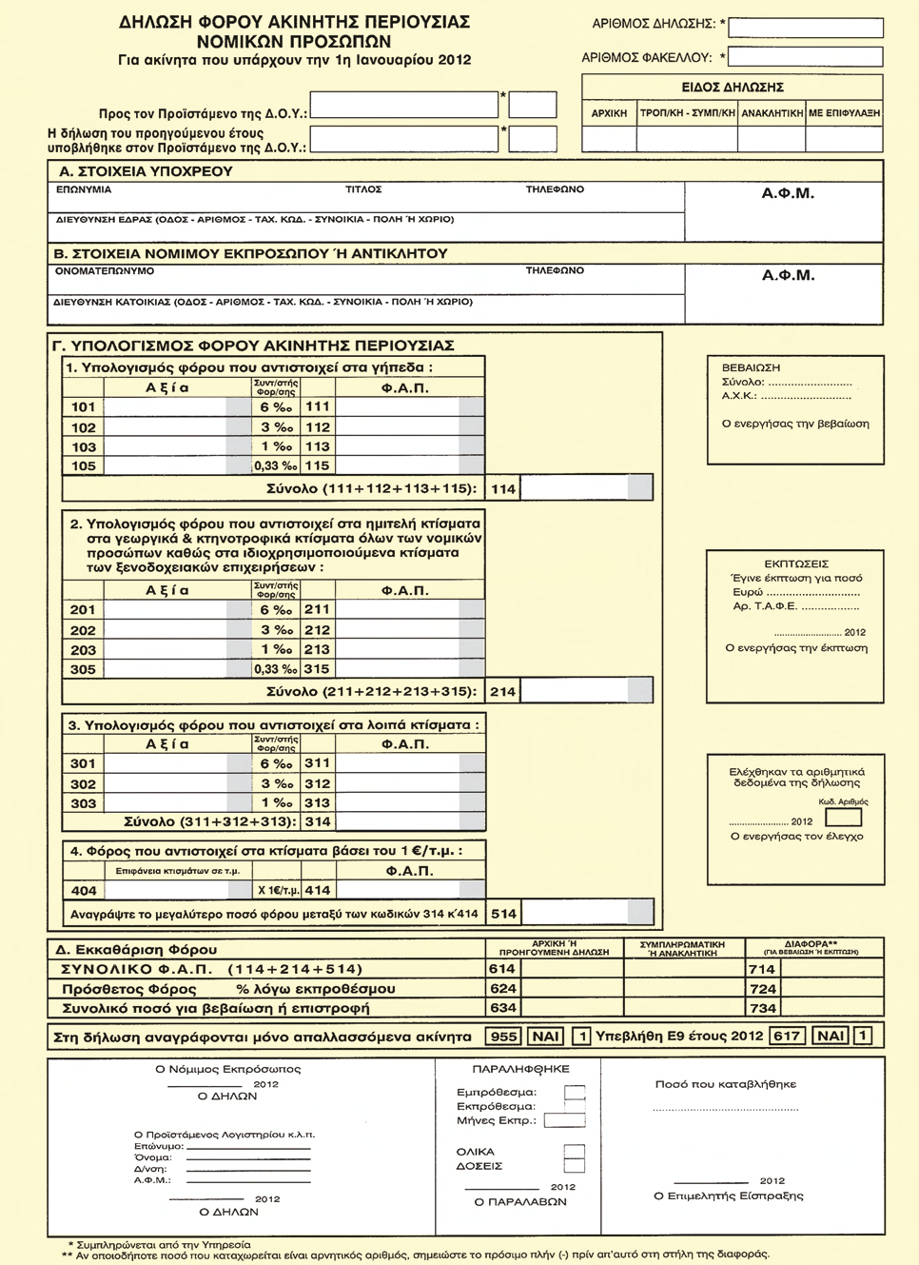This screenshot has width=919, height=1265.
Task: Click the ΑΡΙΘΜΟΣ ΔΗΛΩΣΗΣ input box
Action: pyautogui.click(x=805, y=28)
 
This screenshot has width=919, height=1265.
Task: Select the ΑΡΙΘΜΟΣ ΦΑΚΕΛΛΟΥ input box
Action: pyautogui.click(x=805, y=57)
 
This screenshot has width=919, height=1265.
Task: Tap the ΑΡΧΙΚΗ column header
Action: pyautogui.click(x=609, y=113)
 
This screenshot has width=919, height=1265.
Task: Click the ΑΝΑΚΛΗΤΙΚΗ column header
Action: pyautogui.click(x=772, y=113)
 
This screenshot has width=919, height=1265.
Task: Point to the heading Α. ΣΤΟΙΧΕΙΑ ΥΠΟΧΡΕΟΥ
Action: pyautogui.click(x=146, y=172)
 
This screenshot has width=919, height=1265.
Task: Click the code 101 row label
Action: pyautogui.click(x=84, y=407)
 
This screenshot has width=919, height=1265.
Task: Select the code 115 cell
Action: pyautogui.click(x=317, y=466)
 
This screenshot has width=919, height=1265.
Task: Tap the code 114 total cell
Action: pyautogui.click(x=503, y=489)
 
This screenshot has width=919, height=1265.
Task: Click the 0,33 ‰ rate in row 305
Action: pyautogui.click(x=275, y=669)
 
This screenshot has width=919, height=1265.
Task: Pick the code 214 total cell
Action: pyautogui.click(x=503, y=692)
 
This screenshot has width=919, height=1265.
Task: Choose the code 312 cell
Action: pyautogui.click(x=317, y=784)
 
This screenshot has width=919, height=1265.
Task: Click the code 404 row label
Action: pyautogui.click(x=84, y=891)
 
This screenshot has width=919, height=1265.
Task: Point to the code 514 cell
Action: pyautogui.click(x=503, y=914)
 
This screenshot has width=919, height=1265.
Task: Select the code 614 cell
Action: pyautogui.click(x=502, y=969)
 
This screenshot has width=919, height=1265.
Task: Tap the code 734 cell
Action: pyautogui.click(x=763, y=1008)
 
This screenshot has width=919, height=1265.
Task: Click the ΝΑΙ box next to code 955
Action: pyautogui.click(x=546, y=1037)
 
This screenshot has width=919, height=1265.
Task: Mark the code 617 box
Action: pyautogui.click(x=787, y=1037)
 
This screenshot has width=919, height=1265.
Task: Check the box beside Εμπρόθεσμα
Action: pyautogui.click(x=575, y=1093)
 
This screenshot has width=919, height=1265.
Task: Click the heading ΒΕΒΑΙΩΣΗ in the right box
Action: pyautogui.click(x=751, y=367)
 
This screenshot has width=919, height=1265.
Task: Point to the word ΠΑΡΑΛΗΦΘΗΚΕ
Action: pyautogui.click(x=520, y=1069)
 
